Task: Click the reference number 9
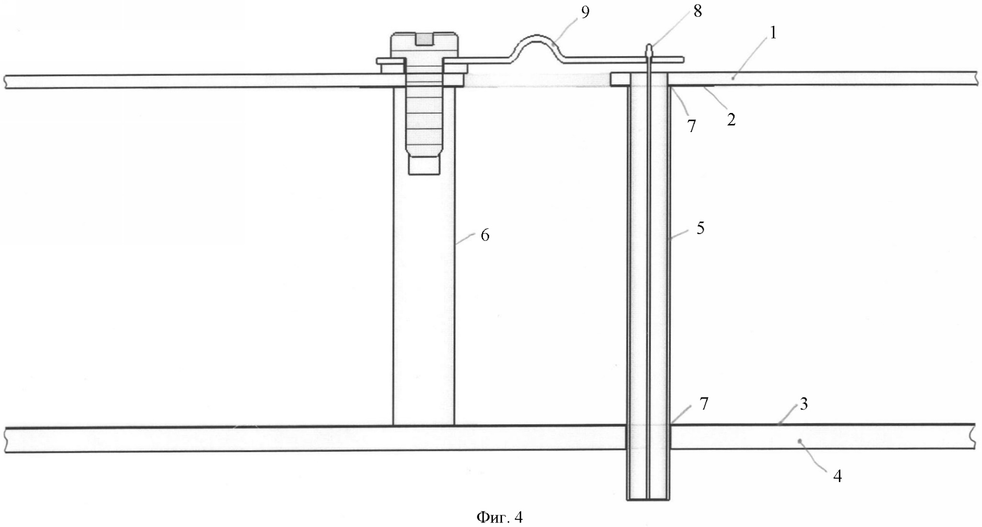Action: point(585,12)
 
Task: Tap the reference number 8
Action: point(698,11)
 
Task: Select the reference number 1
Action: point(773,33)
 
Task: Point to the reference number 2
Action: point(731,120)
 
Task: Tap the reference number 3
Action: point(804,403)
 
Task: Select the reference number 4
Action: point(837,476)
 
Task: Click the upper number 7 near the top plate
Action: point(692,126)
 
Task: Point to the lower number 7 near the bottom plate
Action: point(704,403)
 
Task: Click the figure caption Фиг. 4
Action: point(499,517)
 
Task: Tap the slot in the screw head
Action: point(424,38)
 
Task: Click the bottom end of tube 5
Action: point(648,499)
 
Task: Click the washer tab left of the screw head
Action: point(390,62)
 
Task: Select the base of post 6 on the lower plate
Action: point(423,425)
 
